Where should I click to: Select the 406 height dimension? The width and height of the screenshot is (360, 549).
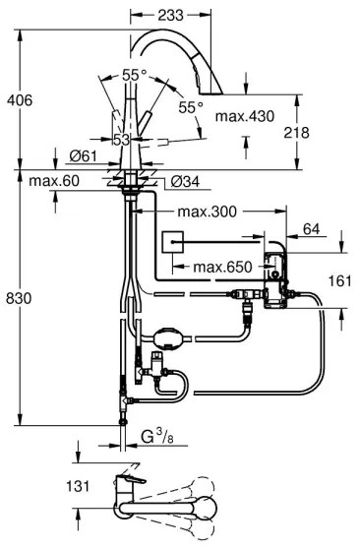coord(19,99)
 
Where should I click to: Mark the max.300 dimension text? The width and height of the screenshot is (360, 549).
coord(205,212)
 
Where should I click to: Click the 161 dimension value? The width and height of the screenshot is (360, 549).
coord(339,280)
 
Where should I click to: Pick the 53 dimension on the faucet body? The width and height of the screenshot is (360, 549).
coord(120,140)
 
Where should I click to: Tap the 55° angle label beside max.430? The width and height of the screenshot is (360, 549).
coord(192,106)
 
